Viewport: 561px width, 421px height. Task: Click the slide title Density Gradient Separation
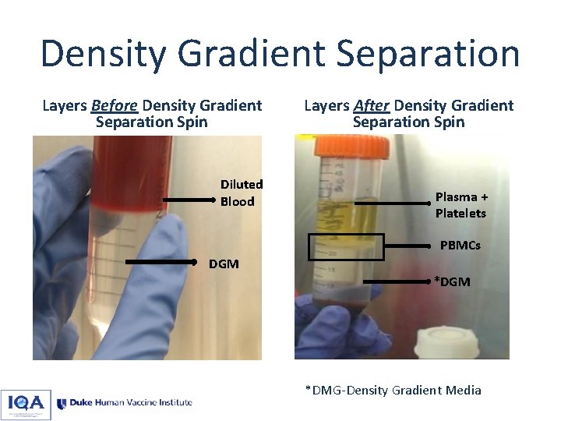(280, 54)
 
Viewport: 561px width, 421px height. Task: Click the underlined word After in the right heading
(371, 105)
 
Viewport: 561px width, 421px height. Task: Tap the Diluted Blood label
(242, 193)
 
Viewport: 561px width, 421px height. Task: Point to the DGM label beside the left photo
(224, 264)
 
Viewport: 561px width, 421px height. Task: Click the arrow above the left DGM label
(161, 260)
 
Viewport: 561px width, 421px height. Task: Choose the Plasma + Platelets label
(460, 205)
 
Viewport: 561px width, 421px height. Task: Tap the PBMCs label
(460, 246)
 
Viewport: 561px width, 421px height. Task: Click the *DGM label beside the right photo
(452, 281)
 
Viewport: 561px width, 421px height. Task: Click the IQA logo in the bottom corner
(26, 404)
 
